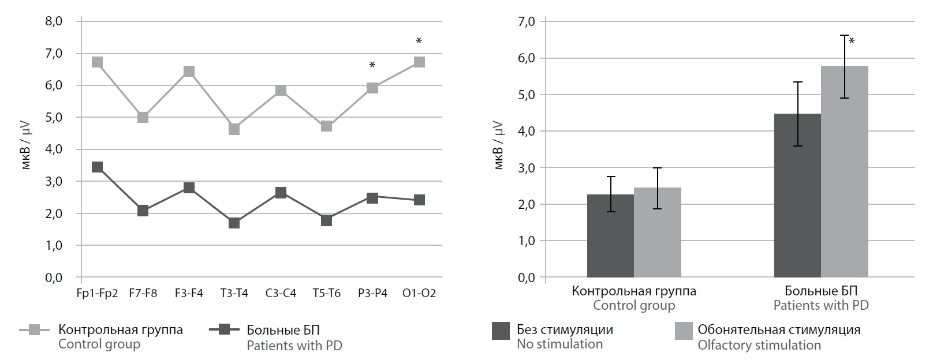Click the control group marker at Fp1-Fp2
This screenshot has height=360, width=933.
97,62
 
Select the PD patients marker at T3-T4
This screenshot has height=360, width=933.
234,223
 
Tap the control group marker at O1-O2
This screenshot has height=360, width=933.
419,62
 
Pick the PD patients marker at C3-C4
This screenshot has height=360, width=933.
281,193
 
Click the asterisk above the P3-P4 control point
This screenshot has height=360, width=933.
372,66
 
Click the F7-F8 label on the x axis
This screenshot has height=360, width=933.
143,293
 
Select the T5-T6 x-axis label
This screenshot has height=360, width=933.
327,293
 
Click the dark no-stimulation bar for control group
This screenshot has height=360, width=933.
610,236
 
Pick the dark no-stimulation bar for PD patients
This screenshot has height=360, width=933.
797,196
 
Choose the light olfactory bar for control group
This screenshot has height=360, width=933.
657,232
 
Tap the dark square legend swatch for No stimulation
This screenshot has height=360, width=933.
501,331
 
